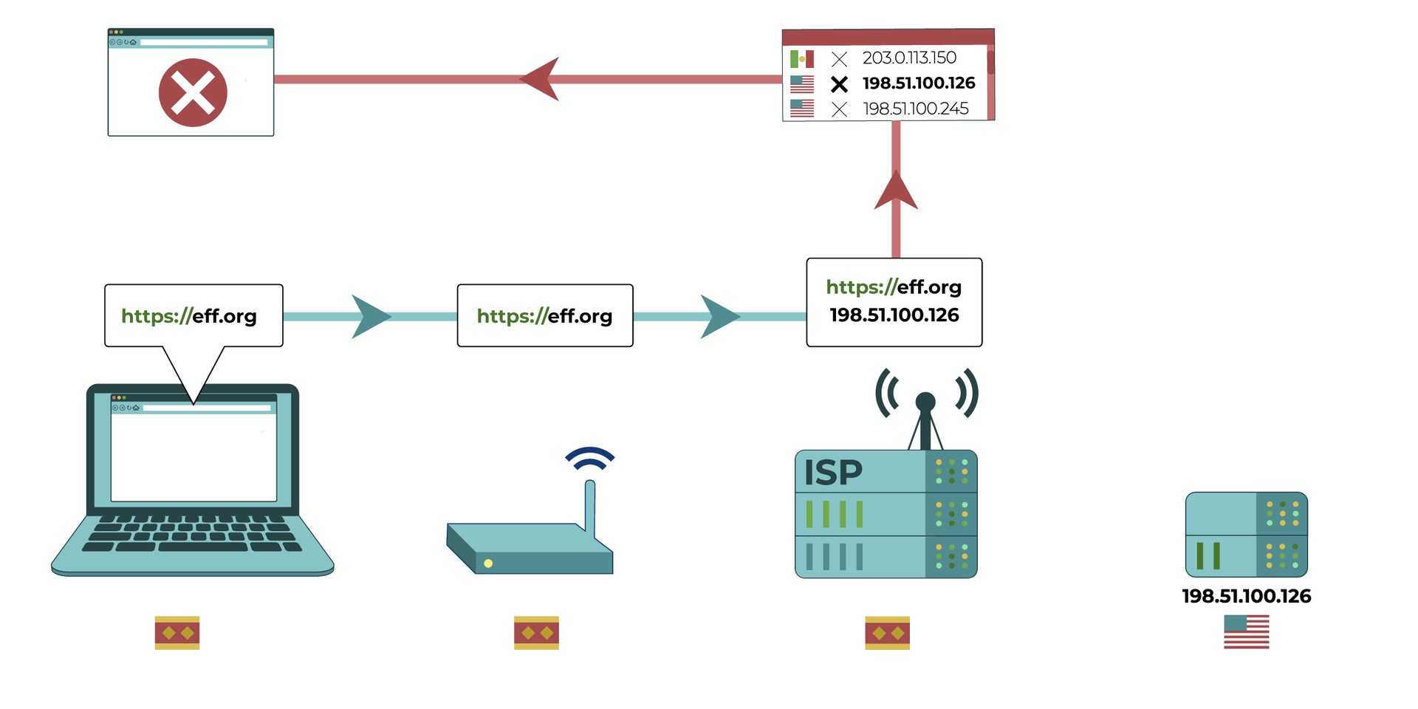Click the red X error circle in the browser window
tap(193, 93)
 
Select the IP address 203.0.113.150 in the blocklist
tap(909, 58)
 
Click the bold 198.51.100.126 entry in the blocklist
tap(919, 83)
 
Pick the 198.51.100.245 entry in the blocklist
tap(916, 109)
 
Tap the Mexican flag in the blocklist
tap(802, 58)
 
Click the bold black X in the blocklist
tap(839, 84)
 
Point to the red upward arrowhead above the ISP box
tap(896, 192)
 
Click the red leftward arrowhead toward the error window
tap(541, 79)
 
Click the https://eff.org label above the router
tap(545, 316)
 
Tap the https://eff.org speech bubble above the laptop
tap(190, 316)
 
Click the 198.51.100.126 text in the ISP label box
tap(894, 315)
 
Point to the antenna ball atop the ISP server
tap(925, 402)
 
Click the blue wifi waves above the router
tap(590, 458)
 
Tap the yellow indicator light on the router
tap(488, 564)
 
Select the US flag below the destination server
tap(1246, 632)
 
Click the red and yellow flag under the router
tap(536, 633)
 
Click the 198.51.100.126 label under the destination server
tap(1246, 597)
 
